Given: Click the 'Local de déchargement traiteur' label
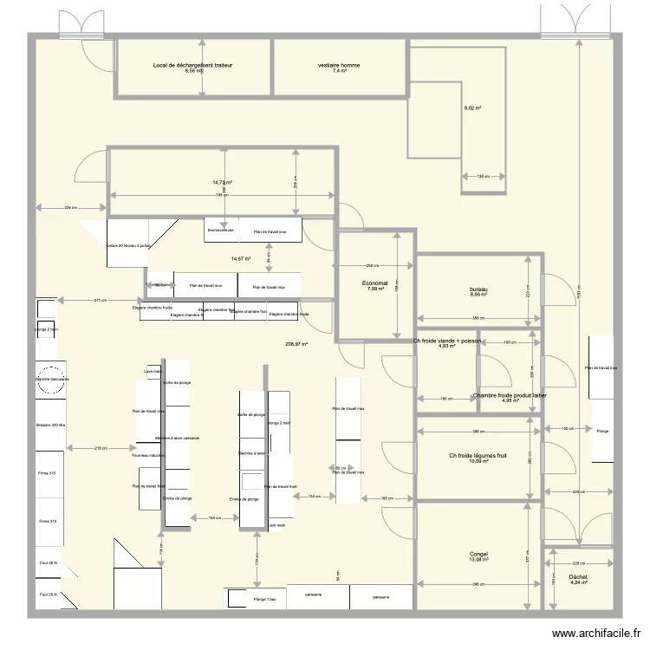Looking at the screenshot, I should pos(192,65).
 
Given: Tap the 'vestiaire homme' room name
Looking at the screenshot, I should pos(339,65).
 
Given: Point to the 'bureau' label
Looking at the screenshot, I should pos(478,289).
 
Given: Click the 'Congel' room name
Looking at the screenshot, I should pos(478,554).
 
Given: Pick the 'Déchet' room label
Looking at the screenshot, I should pos(578,577).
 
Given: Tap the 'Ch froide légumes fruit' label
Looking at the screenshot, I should pos(478,456).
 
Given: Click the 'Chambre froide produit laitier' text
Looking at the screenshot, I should pos(510,395).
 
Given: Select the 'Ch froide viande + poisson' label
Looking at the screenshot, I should pos(447,341).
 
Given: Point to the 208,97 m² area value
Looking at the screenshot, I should pos(296,344).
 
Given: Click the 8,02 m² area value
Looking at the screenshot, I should pos(472,108).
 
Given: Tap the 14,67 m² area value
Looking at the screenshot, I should pos(240,258).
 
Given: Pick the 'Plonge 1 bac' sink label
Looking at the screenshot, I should pos(253,599).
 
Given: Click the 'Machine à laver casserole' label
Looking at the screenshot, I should pos(178,439).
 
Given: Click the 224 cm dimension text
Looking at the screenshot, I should pos(70,207).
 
